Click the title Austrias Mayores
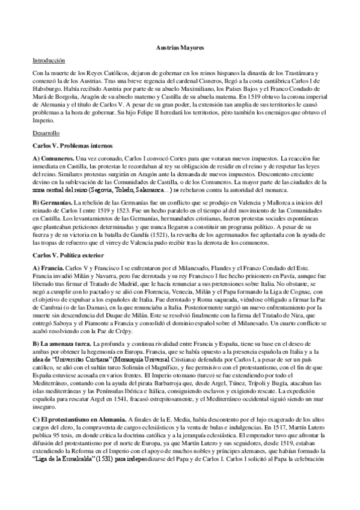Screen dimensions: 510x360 pos(180,46)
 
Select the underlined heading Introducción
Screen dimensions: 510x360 pos(49,60)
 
